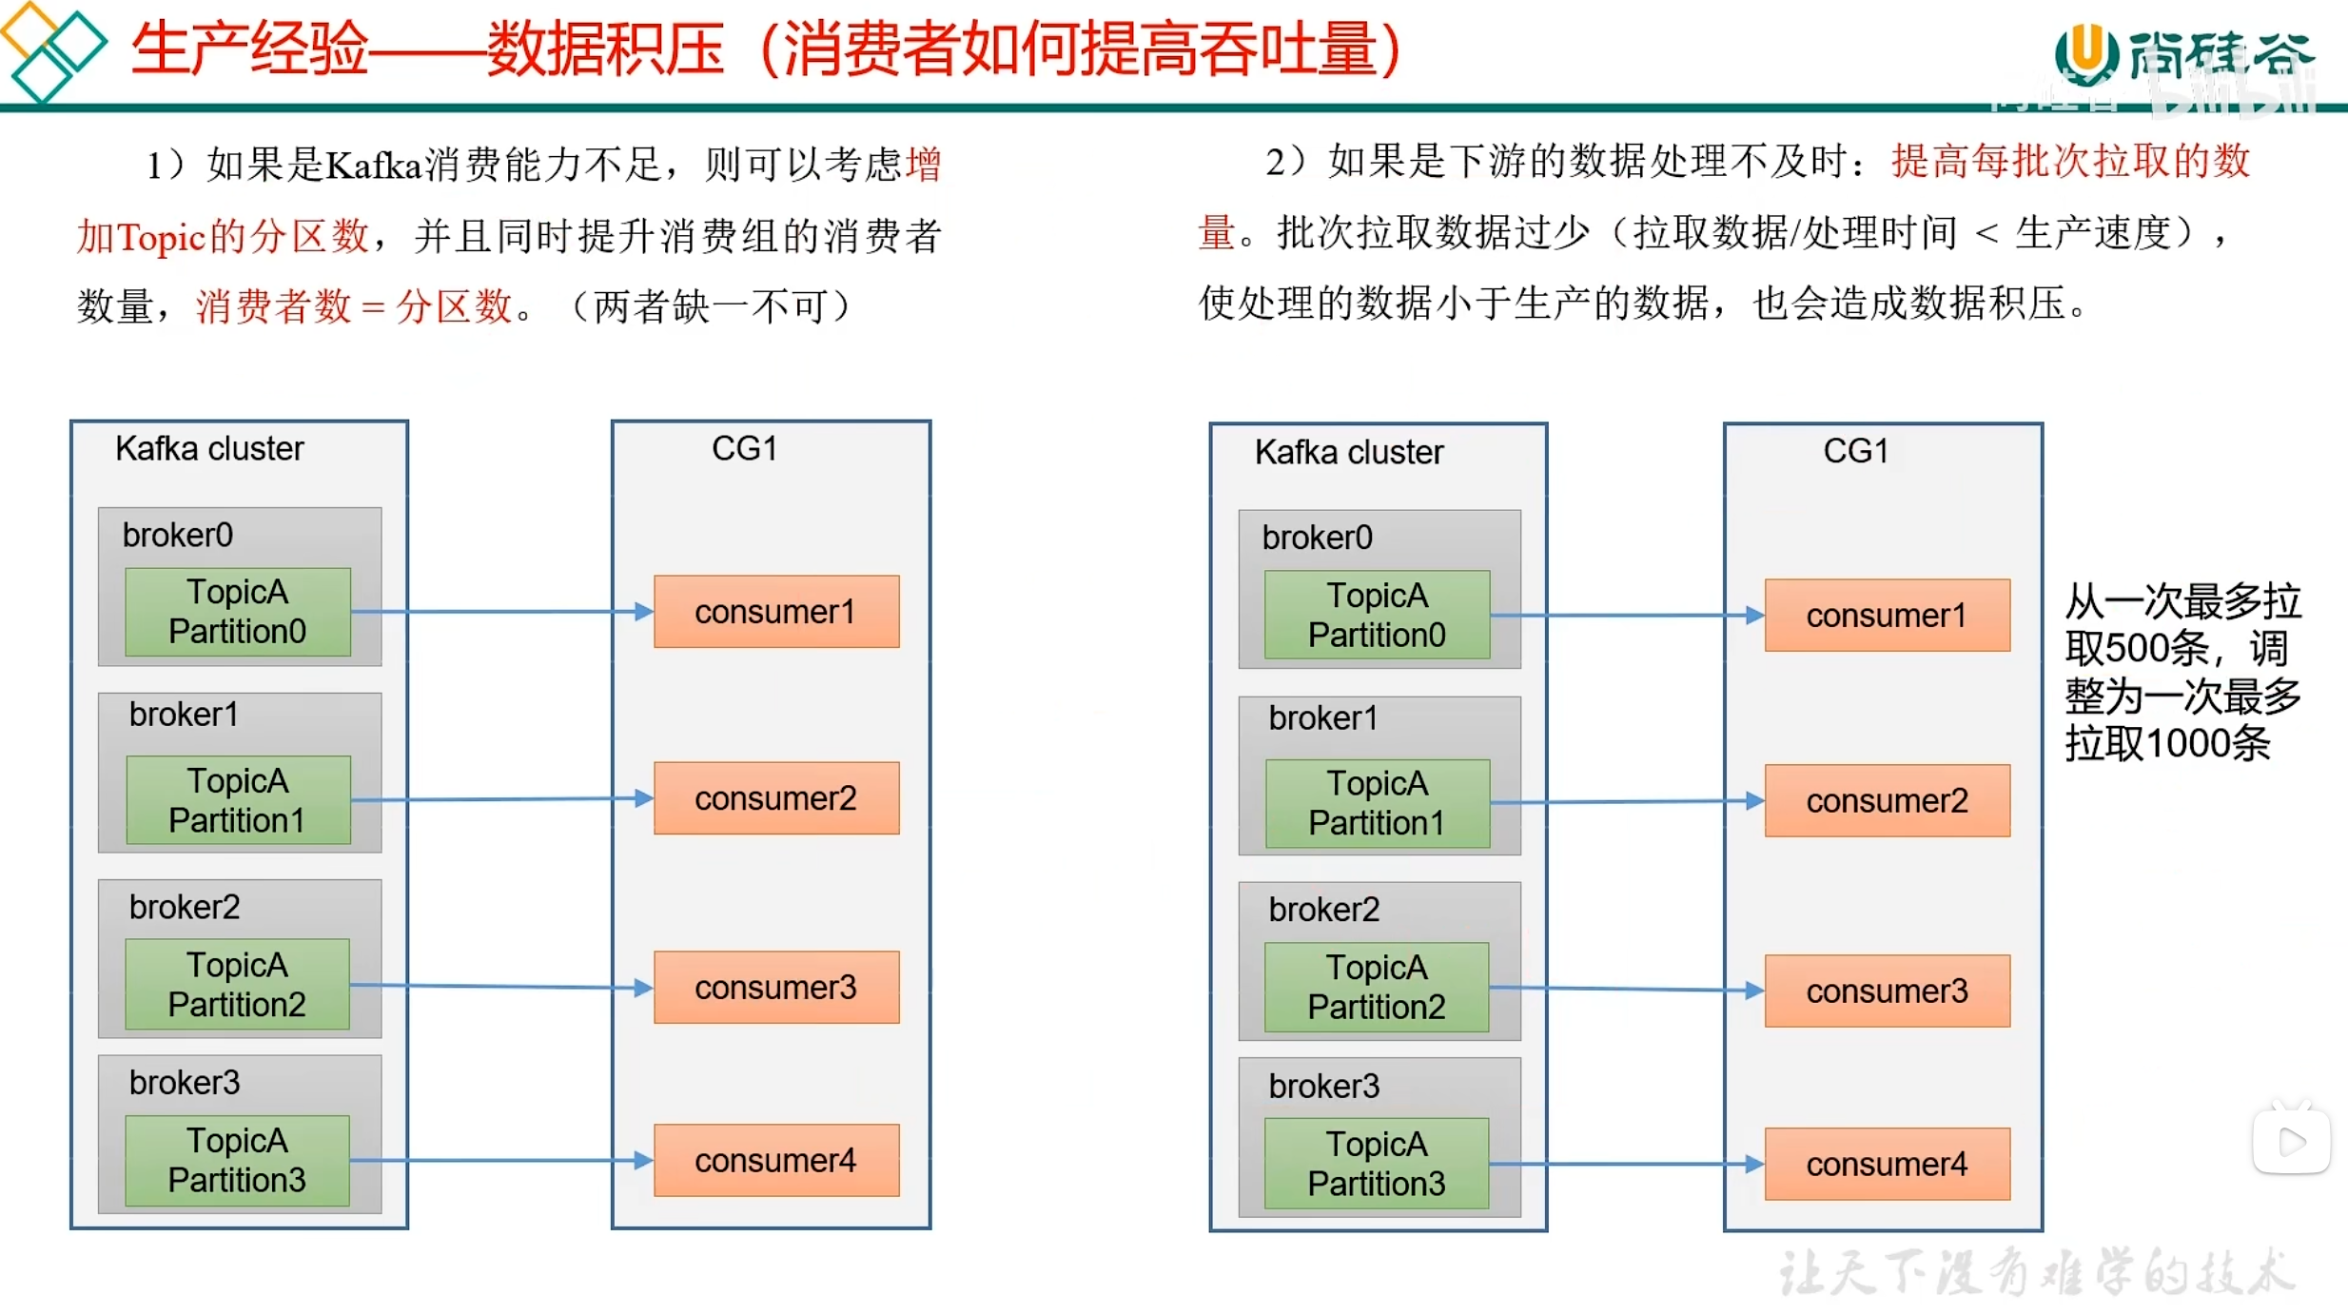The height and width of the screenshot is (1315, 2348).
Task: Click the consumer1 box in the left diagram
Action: (x=775, y=612)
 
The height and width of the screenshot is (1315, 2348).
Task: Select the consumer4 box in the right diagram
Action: (x=1887, y=1164)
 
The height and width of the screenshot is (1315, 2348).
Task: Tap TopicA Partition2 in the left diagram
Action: (x=237, y=985)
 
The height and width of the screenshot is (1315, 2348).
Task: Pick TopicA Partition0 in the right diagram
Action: (x=1377, y=615)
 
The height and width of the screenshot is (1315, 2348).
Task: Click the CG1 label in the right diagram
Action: (x=1855, y=451)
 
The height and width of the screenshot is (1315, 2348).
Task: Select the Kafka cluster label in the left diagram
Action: (x=209, y=448)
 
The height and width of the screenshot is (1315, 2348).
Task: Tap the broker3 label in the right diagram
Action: (x=1323, y=1086)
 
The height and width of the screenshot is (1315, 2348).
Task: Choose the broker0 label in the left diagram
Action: (x=178, y=535)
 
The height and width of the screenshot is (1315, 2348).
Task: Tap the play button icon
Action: (x=2292, y=1141)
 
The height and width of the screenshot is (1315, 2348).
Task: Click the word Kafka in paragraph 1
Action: (x=373, y=166)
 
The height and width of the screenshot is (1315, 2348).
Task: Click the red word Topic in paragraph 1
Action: (x=161, y=237)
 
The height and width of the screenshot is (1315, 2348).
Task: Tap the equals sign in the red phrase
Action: (x=373, y=307)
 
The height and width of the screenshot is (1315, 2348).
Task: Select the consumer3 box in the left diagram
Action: (x=775, y=988)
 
